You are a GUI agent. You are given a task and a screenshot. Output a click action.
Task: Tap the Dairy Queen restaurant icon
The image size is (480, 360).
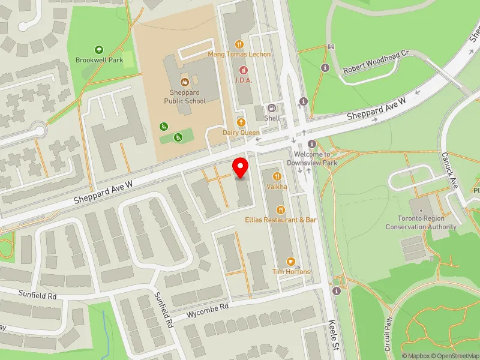click(241, 122)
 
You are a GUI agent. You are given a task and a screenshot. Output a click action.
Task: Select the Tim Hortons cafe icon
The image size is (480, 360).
click(291, 261)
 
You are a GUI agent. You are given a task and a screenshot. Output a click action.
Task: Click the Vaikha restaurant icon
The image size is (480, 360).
click(277, 176)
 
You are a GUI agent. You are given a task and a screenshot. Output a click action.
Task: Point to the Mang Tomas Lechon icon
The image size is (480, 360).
click(239, 44)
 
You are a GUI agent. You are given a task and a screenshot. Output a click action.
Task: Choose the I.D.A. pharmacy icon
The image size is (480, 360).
click(243, 70)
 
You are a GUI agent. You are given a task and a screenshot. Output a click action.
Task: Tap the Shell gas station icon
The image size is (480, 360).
click(272, 108)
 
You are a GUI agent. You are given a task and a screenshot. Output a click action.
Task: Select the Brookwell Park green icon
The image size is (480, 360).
click(99, 50)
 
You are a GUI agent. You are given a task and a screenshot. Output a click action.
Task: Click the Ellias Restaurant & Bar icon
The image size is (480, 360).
click(280, 209)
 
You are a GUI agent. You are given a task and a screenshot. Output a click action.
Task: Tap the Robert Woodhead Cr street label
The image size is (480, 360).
click(376, 62)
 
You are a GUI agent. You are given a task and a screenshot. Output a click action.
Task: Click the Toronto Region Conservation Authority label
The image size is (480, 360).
click(421, 223)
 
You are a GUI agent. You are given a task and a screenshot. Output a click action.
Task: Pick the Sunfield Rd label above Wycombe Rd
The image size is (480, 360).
click(37, 296)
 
